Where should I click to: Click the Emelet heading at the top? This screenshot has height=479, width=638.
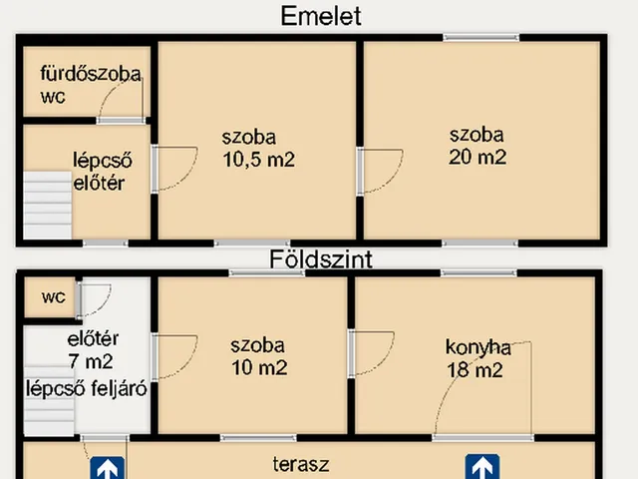pyautogui.click(x=320, y=16)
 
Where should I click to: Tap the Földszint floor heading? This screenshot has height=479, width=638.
pyautogui.click(x=321, y=259)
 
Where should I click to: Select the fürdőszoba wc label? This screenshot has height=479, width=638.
pyautogui.click(x=90, y=85)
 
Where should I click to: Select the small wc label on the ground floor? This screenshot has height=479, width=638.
pyautogui.click(x=54, y=297)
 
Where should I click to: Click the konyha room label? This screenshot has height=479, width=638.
pyautogui.click(x=478, y=348)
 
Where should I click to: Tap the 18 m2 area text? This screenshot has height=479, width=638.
pyautogui.click(x=476, y=370)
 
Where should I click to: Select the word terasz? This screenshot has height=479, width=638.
pyautogui.click(x=301, y=464)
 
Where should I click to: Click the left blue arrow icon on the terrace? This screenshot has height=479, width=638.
pyautogui.click(x=108, y=468)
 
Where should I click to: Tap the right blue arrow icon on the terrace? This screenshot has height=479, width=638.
pyautogui.click(x=482, y=468)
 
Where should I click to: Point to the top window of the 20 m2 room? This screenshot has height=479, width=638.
pyautogui.click(x=480, y=38)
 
